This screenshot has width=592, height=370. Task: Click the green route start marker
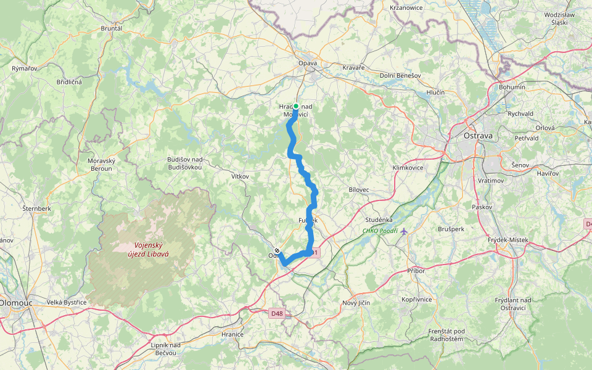[x=295, y=106]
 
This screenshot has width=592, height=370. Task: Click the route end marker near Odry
[x=277, y=251]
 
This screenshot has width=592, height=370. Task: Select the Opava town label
[x=308, y=64]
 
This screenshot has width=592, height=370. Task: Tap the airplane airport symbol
[x=403, y=232]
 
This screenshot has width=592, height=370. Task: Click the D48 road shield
[x=277, y=313]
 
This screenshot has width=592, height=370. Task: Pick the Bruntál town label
[x=112, y=28]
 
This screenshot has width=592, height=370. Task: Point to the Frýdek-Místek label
[x=508, y=239]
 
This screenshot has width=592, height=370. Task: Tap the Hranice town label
[x=232, y=334]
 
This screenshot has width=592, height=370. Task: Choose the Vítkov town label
[x=239, y=176]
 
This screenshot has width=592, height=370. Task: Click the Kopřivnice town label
[x=416, y=298]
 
